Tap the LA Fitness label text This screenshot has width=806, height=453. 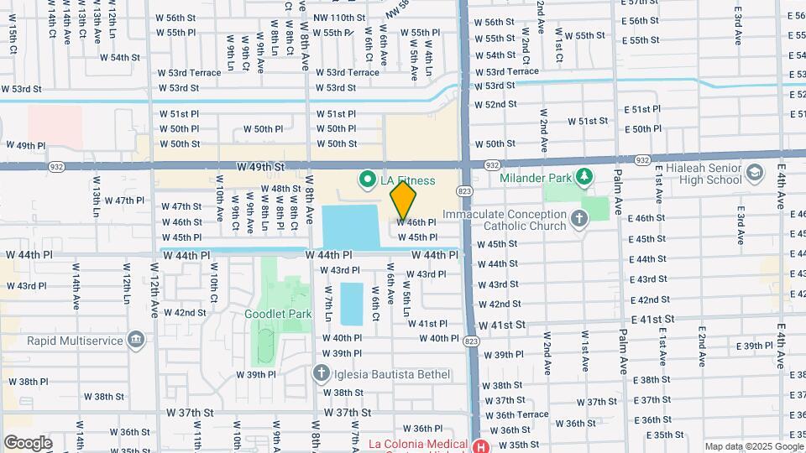406,180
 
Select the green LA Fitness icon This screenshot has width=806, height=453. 367,180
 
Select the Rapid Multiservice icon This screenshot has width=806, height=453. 135,340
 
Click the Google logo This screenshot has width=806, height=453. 28,442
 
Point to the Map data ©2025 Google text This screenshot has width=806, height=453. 752,446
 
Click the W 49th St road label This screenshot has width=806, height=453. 261,167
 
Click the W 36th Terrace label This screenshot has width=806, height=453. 521,414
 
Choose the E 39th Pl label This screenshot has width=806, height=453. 754,346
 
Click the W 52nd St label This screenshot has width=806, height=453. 495,104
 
